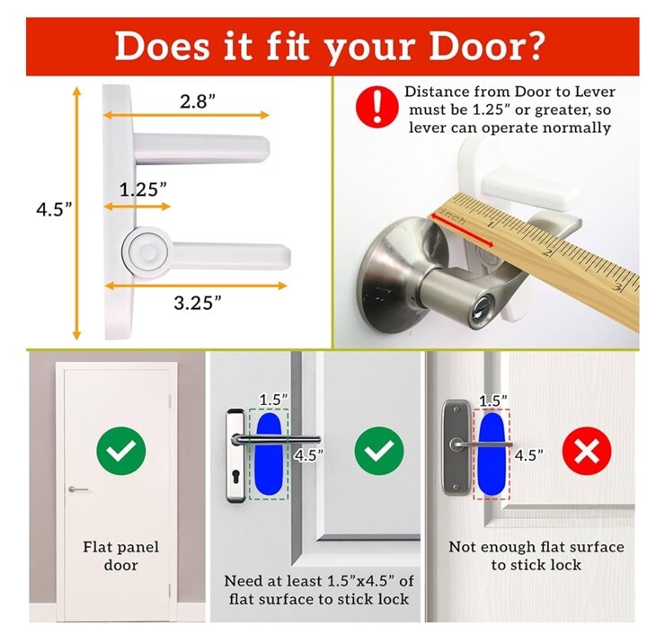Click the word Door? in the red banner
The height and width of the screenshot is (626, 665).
[485, 47]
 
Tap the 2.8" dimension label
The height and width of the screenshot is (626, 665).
[198, 101]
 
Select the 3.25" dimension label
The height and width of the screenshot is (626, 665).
[198, 303]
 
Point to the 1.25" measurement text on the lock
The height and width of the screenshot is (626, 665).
[143, 189]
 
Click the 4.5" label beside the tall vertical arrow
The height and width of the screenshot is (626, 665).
[54, 209]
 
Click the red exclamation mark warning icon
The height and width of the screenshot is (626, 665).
[377, 106]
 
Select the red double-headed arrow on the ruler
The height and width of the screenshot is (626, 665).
[462, 230]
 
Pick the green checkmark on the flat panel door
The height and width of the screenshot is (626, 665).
[121, 451]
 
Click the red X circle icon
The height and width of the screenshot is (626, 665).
[587, 451]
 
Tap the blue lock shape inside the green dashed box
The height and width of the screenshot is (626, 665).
[268, 454]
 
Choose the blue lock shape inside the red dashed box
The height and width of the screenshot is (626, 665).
[492, 454]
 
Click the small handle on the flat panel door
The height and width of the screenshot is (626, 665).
[78, 489]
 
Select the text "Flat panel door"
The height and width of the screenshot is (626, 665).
[121, 556]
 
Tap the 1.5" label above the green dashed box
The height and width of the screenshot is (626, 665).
[272, 400]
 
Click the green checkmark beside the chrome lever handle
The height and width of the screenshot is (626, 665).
[379, 451]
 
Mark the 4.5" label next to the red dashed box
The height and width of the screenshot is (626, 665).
[529, 455]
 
